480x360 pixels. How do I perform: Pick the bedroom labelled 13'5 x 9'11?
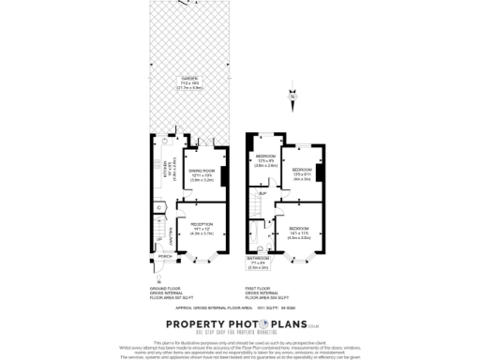(303, 174)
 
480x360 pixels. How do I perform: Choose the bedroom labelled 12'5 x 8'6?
(266, 160)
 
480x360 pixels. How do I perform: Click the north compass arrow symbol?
(292, 96)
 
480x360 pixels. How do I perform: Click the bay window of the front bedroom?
(302, 257)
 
